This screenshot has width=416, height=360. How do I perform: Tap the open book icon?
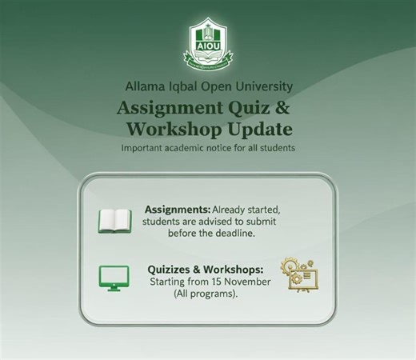point(114,221)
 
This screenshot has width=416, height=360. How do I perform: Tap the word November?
point(246,282)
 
